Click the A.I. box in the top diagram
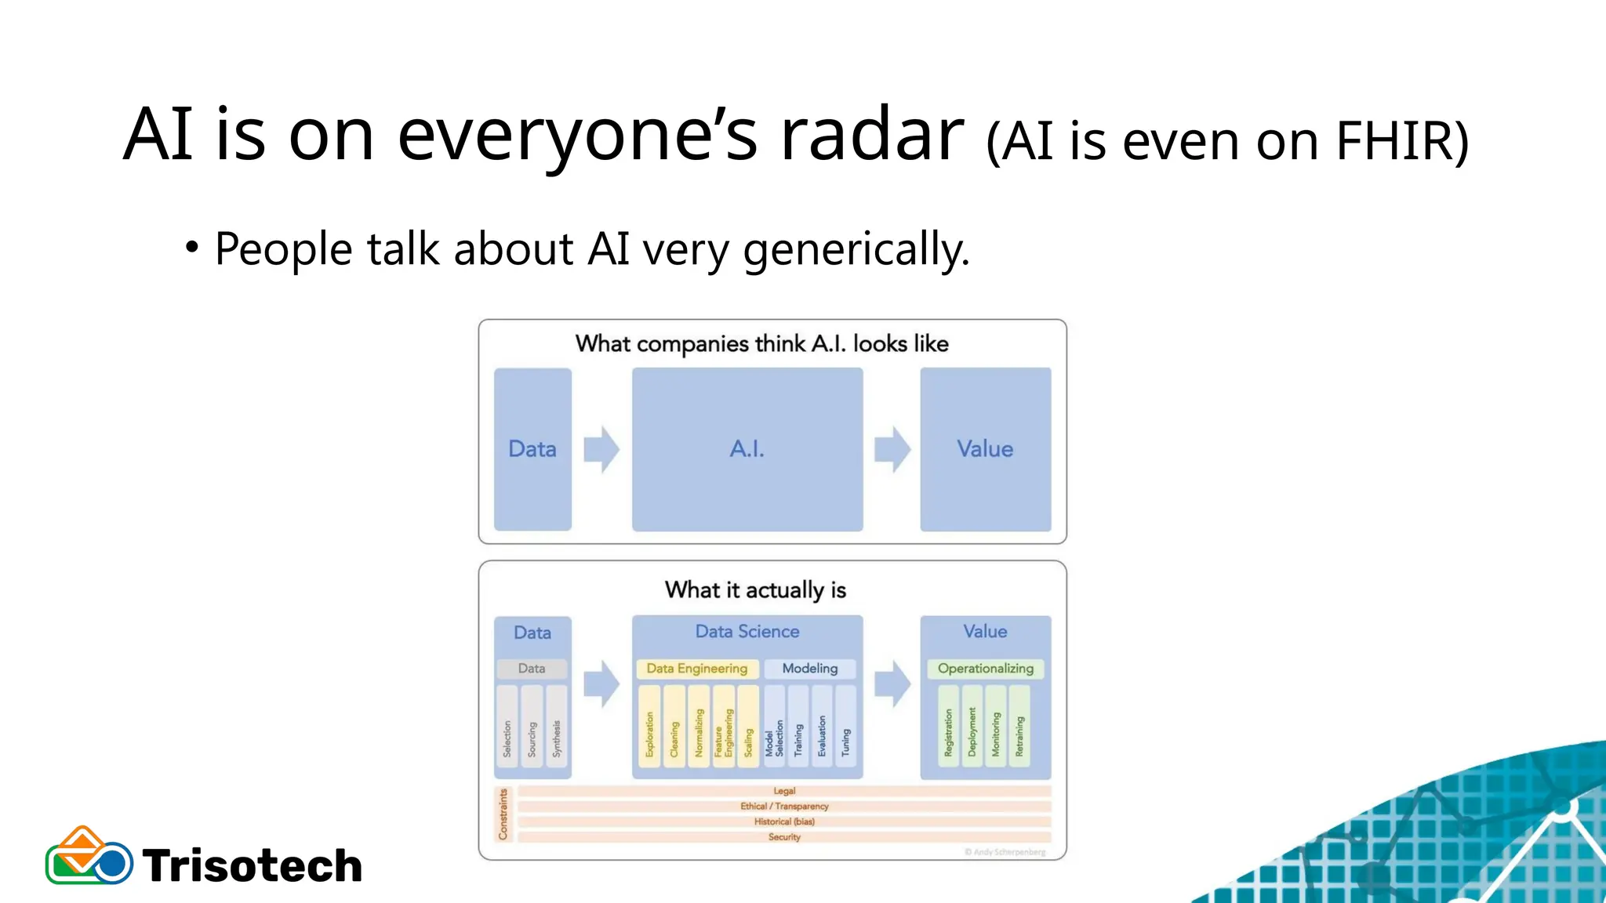747,449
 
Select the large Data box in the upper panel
532,449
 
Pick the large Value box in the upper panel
985,449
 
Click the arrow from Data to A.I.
601,449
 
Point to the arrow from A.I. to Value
892,449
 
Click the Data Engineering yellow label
696,669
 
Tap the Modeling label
809,669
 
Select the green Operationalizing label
985,669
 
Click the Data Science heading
747,632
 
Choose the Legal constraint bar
784,792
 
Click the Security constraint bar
784,837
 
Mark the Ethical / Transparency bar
784,807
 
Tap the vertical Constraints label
503,814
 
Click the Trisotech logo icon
89,857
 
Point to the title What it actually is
755,590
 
